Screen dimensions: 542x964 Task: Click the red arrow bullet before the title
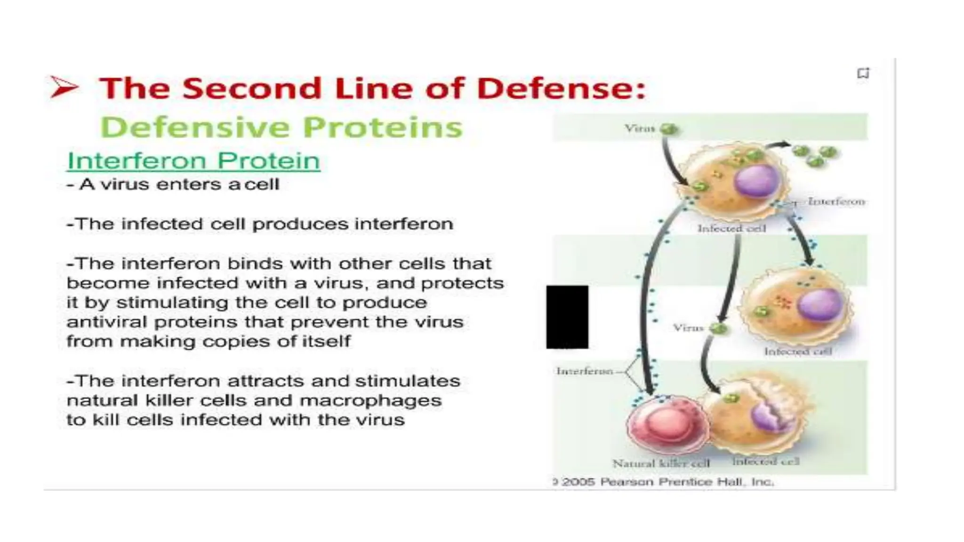(64, 87)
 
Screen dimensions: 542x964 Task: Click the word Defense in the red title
(560, 88)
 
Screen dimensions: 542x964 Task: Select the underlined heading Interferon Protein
(193, 161)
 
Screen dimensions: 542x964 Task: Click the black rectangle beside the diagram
(567, 317)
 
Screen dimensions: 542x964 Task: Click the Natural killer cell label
(661, 463)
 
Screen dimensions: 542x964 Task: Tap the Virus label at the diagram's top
(639, 128)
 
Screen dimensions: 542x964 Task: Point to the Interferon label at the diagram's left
(585, 371)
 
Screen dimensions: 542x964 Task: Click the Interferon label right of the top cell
(836, 201)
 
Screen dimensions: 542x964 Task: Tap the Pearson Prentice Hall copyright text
(664, 482)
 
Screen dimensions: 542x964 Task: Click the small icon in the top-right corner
(863, 73)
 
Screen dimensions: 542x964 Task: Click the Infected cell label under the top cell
(731, 229)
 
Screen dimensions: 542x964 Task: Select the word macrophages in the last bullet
(370, 400)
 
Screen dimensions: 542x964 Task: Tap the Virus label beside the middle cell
(688, 327)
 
